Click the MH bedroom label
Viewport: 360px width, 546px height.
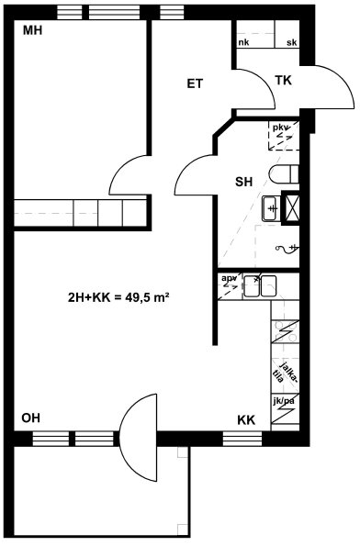[32, 30]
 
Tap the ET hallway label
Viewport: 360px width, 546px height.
[195, 84]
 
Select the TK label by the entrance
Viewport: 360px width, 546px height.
[283, 81]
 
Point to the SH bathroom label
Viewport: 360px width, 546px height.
[243, 182]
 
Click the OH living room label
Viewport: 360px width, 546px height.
[30, 418]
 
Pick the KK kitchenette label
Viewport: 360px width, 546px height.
[246, 420]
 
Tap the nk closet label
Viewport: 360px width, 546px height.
[243, 42]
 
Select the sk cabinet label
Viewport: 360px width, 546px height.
[292, 42]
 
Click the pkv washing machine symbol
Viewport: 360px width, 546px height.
[284, 136]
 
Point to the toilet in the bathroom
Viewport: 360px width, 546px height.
[284, 174]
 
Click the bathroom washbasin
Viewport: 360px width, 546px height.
[271, 208]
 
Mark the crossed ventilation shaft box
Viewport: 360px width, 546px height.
[290, 207]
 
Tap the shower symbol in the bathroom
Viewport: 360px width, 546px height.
[287, 248]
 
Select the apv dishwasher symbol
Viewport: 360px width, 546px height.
[229, 287]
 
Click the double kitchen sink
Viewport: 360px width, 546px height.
[260, 286]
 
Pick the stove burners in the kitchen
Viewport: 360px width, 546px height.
[286, 331]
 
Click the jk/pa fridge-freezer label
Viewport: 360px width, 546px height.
[285, 401]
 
